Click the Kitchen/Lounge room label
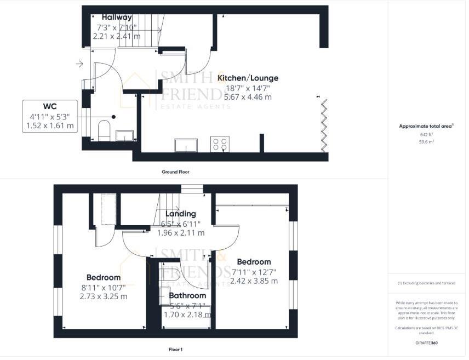pyautogui.click(x=248, y=78)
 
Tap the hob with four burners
pyautogui.click(x=220, y=145)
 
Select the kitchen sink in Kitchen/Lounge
pyautogui.click(x=187, y=145)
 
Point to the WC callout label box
pyautogui.click(x=50, y=116)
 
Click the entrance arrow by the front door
pyautogui.click(x=79, y=65)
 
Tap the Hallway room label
pyautogui.click(x=117, y=17)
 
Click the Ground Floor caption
pyautogui.click(x=175, y=172)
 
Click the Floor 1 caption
pyautogui.click(x=175, y=348)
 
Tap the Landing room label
pyautogui.click(x=181, y=214)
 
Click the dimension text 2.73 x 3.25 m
pyautogui.click(x=104, y=296)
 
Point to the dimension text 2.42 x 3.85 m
pyautogui.click(x=254, y=281)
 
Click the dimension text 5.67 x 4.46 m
pyautogui.click(x=244, y=97)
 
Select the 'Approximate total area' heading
pyautogui.click(x=426, y=126)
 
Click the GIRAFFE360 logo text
pyautogui.click(x=426, y=343)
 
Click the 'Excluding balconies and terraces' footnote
pyautogui.click(x=426, y=283)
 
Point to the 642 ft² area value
pyautogui.click(x=426, y=134)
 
